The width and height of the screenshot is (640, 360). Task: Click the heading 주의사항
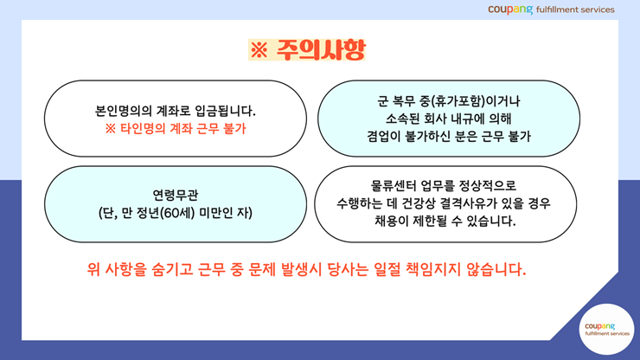320,50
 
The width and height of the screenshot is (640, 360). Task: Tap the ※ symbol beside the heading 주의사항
259,50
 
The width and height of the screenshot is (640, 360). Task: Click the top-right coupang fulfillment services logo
551,10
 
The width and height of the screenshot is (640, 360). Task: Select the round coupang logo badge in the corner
606,329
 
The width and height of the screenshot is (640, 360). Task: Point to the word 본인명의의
124,111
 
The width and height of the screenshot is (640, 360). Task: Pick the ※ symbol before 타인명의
110,129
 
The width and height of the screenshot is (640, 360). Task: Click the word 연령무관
176,195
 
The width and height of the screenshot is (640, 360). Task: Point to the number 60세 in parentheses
178,213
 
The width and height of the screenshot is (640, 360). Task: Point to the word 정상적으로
487,185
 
